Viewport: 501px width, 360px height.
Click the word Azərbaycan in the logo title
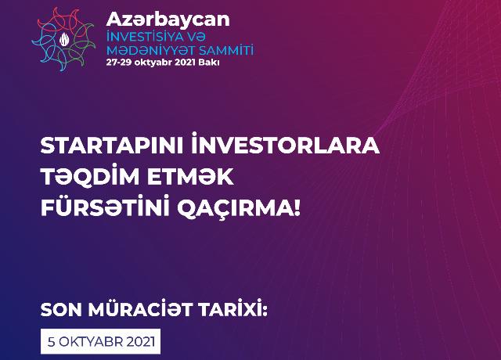click(x=168, y=20)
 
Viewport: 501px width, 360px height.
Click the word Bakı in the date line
click(x=209, y=63)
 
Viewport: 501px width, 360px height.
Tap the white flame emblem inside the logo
click(x=64, y=39)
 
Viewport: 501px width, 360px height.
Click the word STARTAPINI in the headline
click(x=112, y=146)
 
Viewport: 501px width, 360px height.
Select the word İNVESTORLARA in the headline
click(x=286, y=145)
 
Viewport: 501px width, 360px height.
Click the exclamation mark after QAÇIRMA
click(x=297, y=208)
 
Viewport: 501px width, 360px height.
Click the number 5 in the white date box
click(x=52, y=342)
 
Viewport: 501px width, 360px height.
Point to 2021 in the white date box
click(x=141, y=342)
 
